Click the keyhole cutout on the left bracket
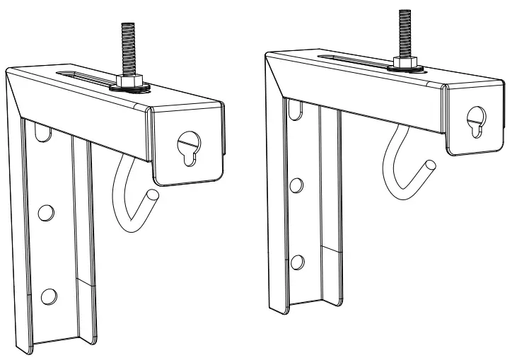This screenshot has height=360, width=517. [x=187, y=148]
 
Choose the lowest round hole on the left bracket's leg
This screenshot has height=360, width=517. [x=47, y=295]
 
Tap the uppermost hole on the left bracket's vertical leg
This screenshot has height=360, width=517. [x=40, y=131]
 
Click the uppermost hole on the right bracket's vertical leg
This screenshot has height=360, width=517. [x=293, y=108]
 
